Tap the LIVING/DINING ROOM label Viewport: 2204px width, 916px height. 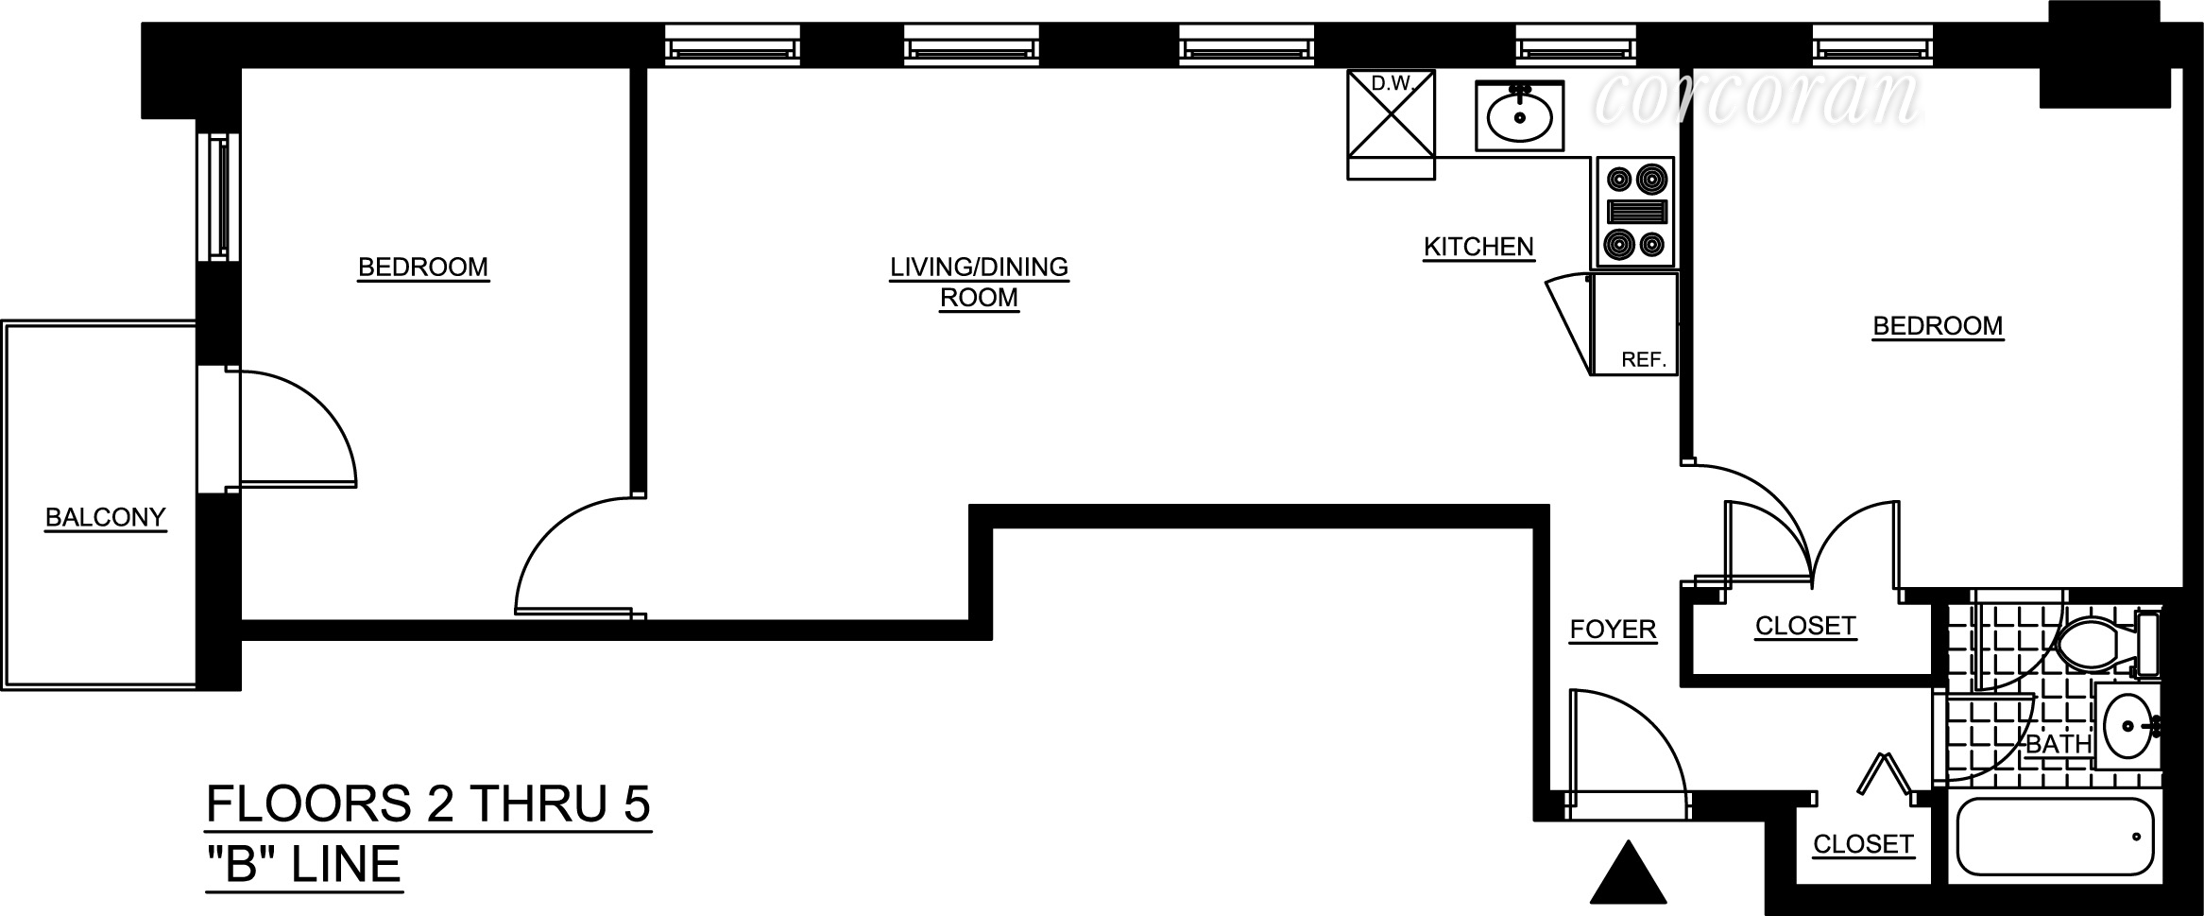pos(979,282)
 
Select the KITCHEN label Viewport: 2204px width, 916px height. pos(1478,247)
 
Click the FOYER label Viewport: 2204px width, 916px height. pos(1613,629)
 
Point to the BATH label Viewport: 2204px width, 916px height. pos(2059,744)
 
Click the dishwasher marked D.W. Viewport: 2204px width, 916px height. pos(1391,123)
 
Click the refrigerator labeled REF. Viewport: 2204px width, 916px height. pos(1634,324)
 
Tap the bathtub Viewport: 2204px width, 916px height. pos(2058,838)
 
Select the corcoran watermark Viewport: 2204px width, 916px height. pos(1757,97)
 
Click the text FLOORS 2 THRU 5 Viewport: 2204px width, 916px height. pos(428,805)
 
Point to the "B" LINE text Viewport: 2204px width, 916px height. pos(303,864)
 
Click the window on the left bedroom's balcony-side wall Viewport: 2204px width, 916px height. pos(219,196)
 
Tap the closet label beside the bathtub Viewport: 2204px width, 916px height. pos(1863,844)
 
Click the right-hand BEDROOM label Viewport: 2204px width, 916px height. pos(1938,326)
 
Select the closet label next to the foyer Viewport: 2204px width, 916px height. pos(1805,626)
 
